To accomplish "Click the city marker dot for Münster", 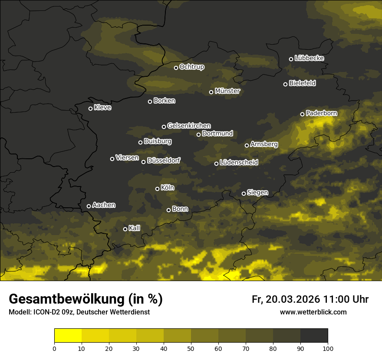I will coord(211,92).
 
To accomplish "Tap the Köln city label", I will coord(168,188).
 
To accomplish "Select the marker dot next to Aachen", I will coord(89,206).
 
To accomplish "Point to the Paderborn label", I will coord(321,113).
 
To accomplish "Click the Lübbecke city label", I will coord(309,58).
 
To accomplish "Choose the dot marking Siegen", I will coord(244,193).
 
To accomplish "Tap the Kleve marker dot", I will coord(91,108).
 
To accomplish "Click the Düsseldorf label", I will coord(164,160).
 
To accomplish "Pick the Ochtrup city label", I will coord(191,67).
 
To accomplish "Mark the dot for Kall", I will coord(125,229).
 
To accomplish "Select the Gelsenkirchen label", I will coord(189,126).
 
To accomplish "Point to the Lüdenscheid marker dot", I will coord(217,164).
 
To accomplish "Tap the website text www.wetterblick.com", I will coord(313,312).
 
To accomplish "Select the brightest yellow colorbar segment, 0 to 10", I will coord(68,336).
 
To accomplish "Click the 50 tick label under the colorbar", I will coord(191,348).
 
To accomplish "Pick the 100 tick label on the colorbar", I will coord(328,348).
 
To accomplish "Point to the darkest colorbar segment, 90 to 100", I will coord(314,336).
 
